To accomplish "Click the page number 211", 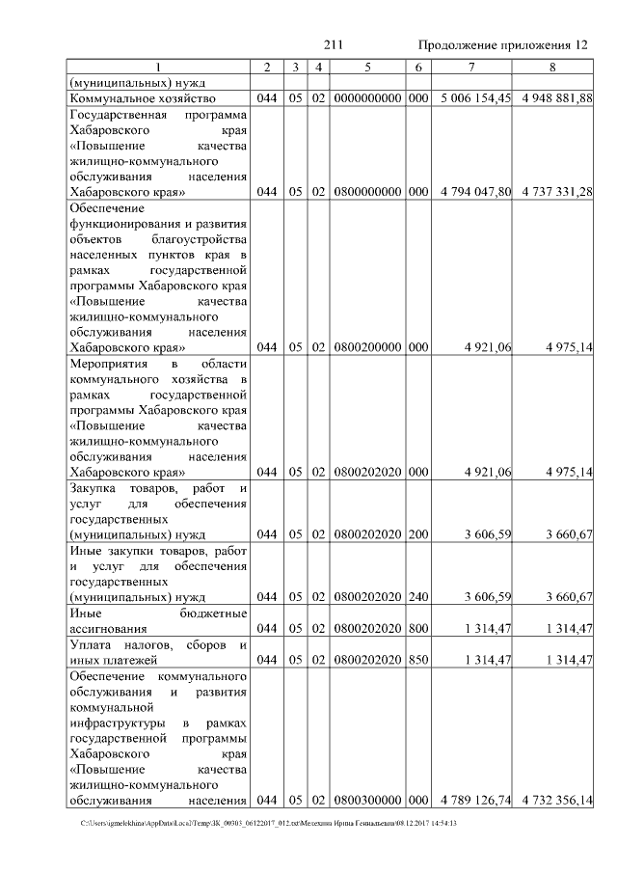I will pyautogui.click(x=334, y=45).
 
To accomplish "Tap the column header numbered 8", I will pyautogui.click(x=552, y=67).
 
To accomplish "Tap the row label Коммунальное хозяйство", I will pyautogui.click(x=143, y=98).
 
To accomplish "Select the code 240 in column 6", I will pyautogui.click(x=416, y=597).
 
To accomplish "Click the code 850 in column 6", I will pyautogui.click(x=416, y=660).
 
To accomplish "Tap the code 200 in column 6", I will pyautogui.click(x=416, y=534).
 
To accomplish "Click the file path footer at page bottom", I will pyautogui.click(x=269, y=823).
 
